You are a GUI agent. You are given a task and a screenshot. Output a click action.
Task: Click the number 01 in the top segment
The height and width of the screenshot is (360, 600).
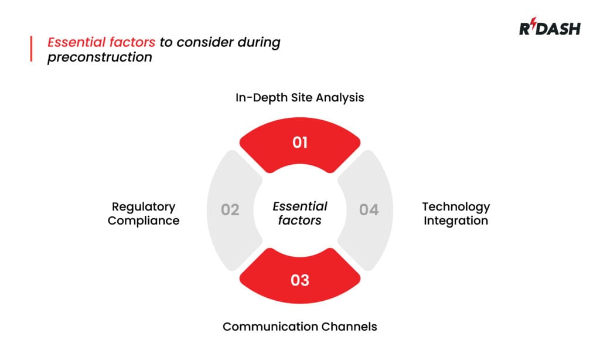pyautogui.click(x=300, y=142)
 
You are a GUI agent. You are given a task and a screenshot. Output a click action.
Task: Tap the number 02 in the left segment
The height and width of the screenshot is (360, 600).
pyautogui.click(x=230, y=209)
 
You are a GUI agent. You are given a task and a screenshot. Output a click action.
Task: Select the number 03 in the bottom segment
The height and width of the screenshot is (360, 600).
pyautogui.click(x=300, y=280)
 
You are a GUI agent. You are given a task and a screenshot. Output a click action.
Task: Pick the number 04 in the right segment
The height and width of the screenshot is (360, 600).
pyautogui.click(x=369, y=209)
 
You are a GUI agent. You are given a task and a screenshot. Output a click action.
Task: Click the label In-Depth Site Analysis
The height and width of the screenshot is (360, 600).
pyautogui.click(x=300, y=97)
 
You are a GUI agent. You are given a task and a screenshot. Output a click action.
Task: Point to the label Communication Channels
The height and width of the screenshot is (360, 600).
pyautogui.click(x=300, y=326)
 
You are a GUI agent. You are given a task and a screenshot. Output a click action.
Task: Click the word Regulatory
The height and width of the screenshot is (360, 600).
pyautogui.click(x=144, y=207)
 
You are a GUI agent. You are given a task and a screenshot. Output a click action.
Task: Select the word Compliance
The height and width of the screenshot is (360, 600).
pyautogui.click(x=144, y=221)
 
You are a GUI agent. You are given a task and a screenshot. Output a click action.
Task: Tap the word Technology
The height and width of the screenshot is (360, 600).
pyautogui.click(x=456, y=207)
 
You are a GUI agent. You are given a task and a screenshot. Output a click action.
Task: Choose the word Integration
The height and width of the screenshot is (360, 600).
pyautogui.click(x=456, y=221)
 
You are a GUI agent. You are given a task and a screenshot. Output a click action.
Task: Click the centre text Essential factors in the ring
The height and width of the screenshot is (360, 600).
pyautogui.click(x=300, y=213)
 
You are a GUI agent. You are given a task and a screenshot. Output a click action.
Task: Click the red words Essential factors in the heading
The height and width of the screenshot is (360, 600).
pyautogui.click(x=102, y=43)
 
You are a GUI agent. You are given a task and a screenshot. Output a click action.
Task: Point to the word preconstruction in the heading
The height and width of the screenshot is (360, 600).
pyautogui.click(x=100, y=57)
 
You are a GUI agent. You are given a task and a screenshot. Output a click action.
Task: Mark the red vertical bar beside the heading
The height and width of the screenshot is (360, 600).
pyautogui.click(x=31, y=49)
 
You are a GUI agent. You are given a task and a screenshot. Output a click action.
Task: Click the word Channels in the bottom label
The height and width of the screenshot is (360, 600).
pyautogui.click(x=350, y=326)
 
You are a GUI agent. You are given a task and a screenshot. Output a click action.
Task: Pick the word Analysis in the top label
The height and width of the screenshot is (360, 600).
pyautogui.click(x=340, y=97)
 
